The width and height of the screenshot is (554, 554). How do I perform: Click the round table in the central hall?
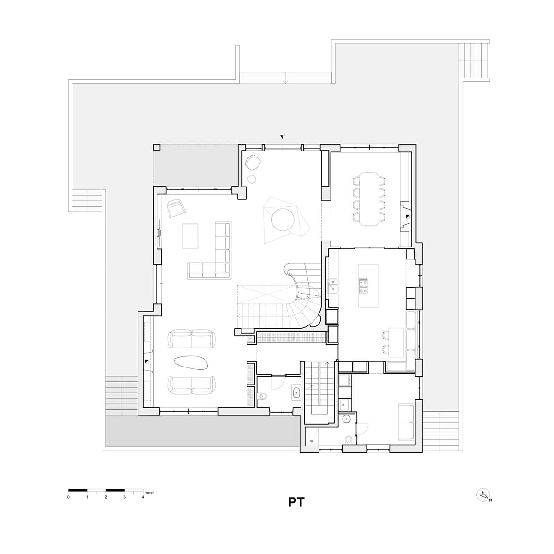[x=283, y=219]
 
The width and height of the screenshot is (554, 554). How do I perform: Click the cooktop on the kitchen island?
[x=363, y=286]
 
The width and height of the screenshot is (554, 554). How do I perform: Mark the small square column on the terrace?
[x=157, y=147]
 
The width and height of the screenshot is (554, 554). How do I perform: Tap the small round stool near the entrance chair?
[x=252, y=179]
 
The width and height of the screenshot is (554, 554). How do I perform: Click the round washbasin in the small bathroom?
[x=347, y=419]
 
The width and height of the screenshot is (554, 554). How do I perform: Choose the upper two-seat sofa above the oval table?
[x=191, y=338]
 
